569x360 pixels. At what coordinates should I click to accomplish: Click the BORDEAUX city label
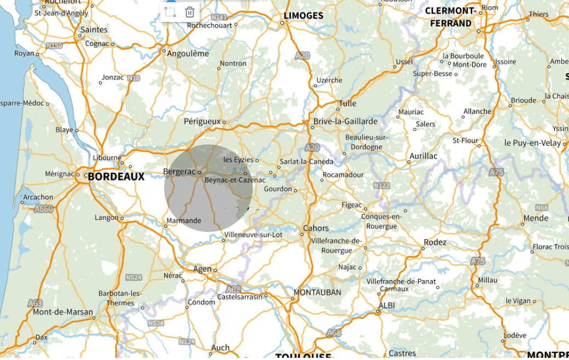coord(116,177)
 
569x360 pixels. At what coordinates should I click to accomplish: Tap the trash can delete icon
coord(189,12)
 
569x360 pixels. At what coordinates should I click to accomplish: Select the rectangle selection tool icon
coord(170,12)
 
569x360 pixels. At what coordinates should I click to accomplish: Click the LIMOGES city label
coord(304,16)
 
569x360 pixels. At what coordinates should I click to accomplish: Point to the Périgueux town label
coord(202,121)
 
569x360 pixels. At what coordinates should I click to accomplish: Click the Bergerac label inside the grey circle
coord(179,172)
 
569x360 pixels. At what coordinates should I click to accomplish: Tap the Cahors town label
coord(316,228)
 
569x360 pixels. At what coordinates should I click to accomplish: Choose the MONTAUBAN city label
coord(317,292)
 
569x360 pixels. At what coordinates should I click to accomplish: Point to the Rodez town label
coord(435,242)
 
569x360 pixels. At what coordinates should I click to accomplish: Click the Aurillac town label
coord(423,156)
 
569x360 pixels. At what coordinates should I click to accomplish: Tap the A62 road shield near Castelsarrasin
coord(233,289)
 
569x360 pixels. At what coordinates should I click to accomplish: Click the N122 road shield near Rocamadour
coord(381,186)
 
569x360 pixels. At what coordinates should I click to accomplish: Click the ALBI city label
coord(387,305)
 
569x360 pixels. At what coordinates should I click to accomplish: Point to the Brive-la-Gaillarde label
coord(345,121)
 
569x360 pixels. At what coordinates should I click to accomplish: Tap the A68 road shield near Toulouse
coord(333,333)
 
